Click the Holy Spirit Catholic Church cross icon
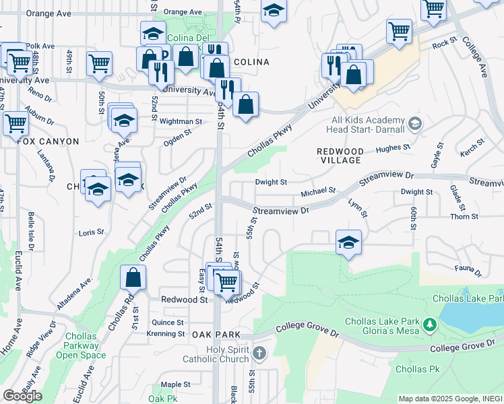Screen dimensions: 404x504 tap(260, 353)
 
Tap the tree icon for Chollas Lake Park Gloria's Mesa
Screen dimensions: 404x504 tap(429, 327)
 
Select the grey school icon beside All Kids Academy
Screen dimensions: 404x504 tap(415, 124)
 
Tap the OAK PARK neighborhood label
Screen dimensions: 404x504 tap(216, 335)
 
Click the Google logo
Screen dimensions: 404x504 tap(22, 395)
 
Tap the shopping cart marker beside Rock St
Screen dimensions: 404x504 tap(399, 31)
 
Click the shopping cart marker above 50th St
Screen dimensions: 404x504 tap(99, 63)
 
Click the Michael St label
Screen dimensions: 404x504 tap(318, 191)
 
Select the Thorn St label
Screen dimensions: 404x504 tap(464, 217)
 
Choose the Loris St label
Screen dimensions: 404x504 tap(91, 232)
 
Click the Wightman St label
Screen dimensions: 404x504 tap(181, 122)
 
